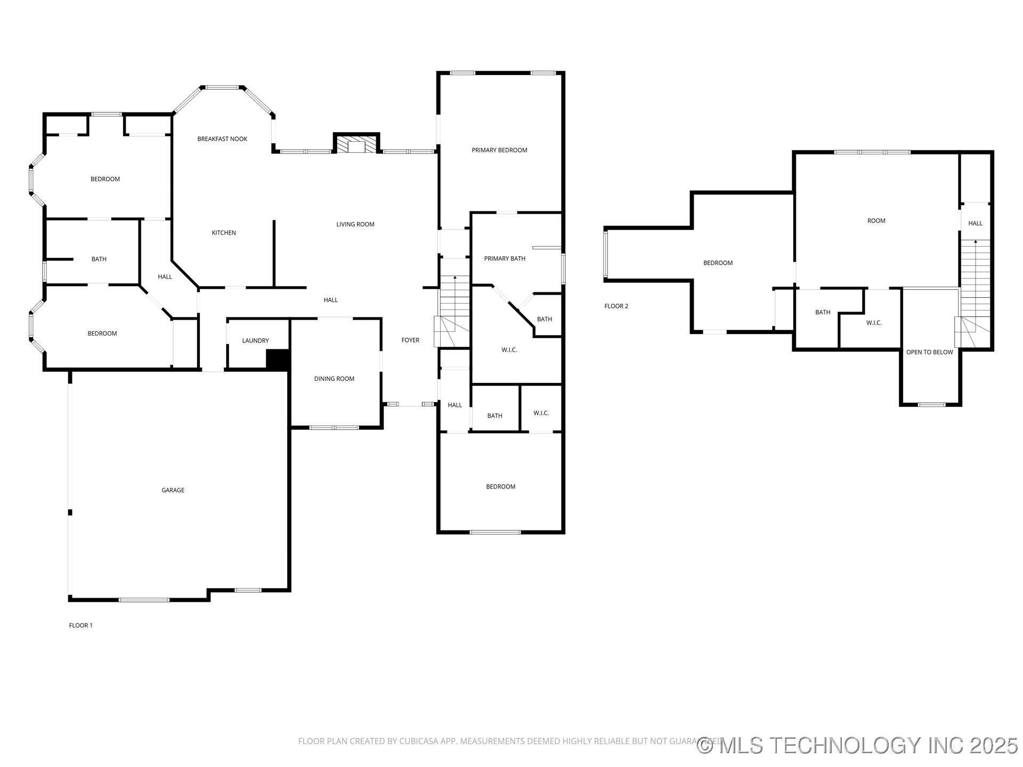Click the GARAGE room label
(173, 490)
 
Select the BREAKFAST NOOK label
(222, 139)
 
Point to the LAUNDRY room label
(255, 341)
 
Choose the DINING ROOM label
(334, 379)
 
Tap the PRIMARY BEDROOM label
(499, 150)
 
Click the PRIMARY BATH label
(505, 259)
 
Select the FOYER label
(410, 340)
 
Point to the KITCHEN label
(224, 233)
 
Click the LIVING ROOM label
(355, 224)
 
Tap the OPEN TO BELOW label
(930, 352)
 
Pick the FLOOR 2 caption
(616, 306)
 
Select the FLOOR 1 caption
(80, 625)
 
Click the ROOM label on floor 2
(876, 221)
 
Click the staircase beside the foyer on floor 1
(453, 312)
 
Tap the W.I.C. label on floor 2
(874, 323)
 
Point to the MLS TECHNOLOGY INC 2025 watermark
(857, 745)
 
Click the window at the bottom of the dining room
(334, 427)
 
